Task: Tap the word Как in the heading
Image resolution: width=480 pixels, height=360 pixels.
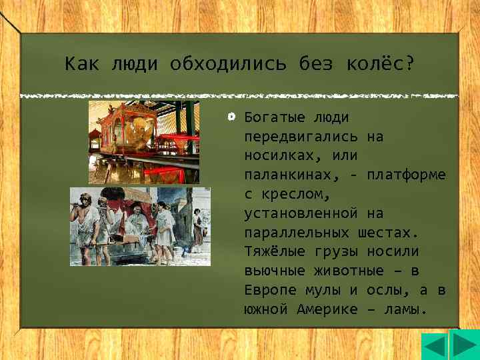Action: (x=82, y=65)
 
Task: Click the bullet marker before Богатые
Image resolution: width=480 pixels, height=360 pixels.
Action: (x=231, y=117)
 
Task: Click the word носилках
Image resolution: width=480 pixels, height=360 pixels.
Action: (x=280, y=156)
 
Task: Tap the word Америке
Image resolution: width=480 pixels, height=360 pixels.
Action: (x=326, y=310)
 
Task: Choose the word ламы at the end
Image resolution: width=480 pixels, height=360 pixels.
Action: (x=406, y=310)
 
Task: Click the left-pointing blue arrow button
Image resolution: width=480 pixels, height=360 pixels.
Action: (x=435, y=347)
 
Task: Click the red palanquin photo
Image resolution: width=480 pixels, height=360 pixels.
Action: (x=144, y=142)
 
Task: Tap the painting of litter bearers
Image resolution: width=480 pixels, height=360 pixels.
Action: (x=140, y=226)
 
